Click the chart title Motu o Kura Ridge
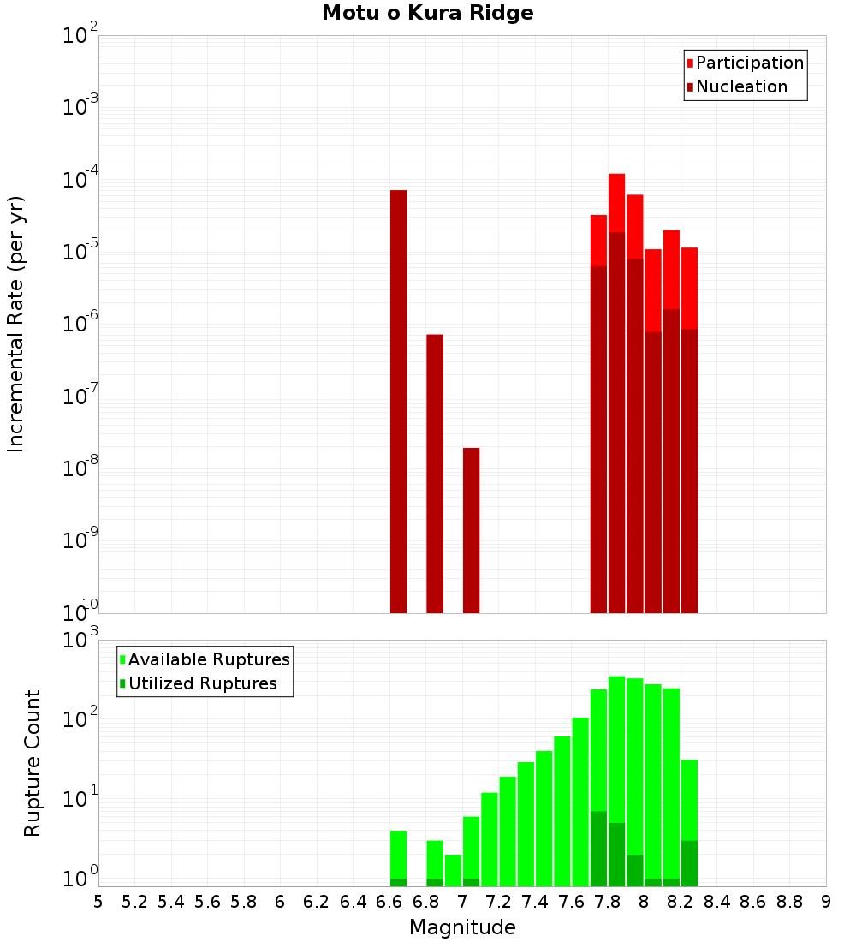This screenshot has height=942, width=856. click(x=427, y=13)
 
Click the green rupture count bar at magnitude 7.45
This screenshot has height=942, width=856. click(x=544, y=818)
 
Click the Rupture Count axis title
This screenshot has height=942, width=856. click(x=33, y=762)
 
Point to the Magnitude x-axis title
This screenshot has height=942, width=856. click(x=462, y=927)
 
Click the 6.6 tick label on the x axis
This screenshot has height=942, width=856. click(x=389, y=901)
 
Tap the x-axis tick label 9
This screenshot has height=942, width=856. click(x=825, y=901)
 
